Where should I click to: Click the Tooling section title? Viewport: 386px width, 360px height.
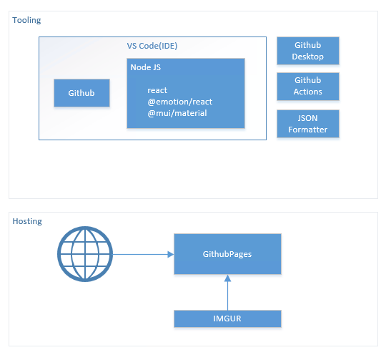click(x=26, y=21)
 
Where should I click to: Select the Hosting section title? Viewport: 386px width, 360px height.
click(x=27, y=221)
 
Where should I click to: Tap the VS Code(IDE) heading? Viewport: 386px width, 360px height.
click(x=152, y=46)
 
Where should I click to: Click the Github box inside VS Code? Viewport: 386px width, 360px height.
click(x=81, y=93)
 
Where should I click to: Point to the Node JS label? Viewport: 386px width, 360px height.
click(x=146, y=67)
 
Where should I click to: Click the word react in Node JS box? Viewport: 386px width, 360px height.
click(x=157, y=90)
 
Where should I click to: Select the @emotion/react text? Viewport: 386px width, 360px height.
click(x=179, y=102)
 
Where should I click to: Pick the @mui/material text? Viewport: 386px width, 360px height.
click(x=177, y=113)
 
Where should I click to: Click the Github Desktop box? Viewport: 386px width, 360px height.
click(x=308, y=51)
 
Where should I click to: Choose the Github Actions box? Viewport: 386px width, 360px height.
click(x=308, y=87)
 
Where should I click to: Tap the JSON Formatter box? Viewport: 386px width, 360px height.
click(x=308, y=124)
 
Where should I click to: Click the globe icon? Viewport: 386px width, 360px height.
click(x=85, y=254)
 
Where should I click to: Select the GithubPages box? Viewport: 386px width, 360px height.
click(x=227, y=254)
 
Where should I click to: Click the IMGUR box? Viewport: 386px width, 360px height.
click(x=227, y=318)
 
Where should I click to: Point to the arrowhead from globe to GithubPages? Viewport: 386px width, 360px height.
click(x=171, y=254)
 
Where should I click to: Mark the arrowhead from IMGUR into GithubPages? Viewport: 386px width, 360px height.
click(x=228, y=278)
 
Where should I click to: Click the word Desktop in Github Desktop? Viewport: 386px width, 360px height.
click(x=307, y=57)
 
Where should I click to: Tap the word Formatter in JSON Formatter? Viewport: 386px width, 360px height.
click(x=307, y=130)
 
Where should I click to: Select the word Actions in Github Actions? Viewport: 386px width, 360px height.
click(x=307, y=92)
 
